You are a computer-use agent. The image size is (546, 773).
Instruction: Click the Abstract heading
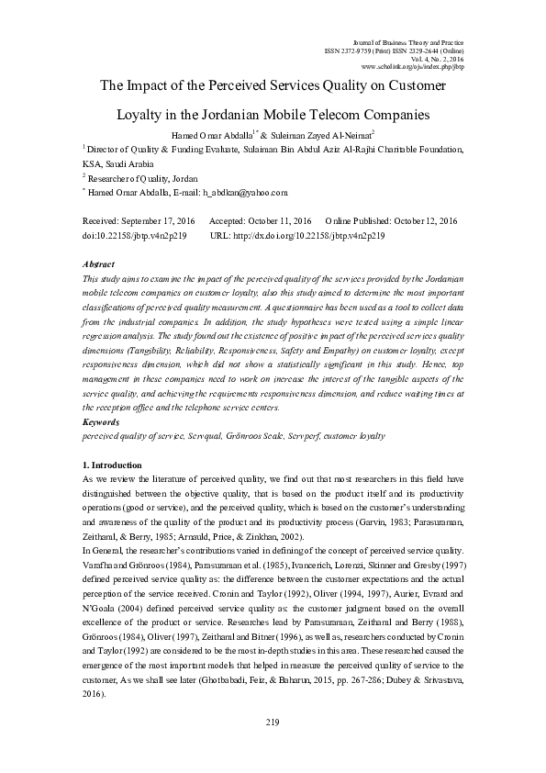click(x=99, y=263)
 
